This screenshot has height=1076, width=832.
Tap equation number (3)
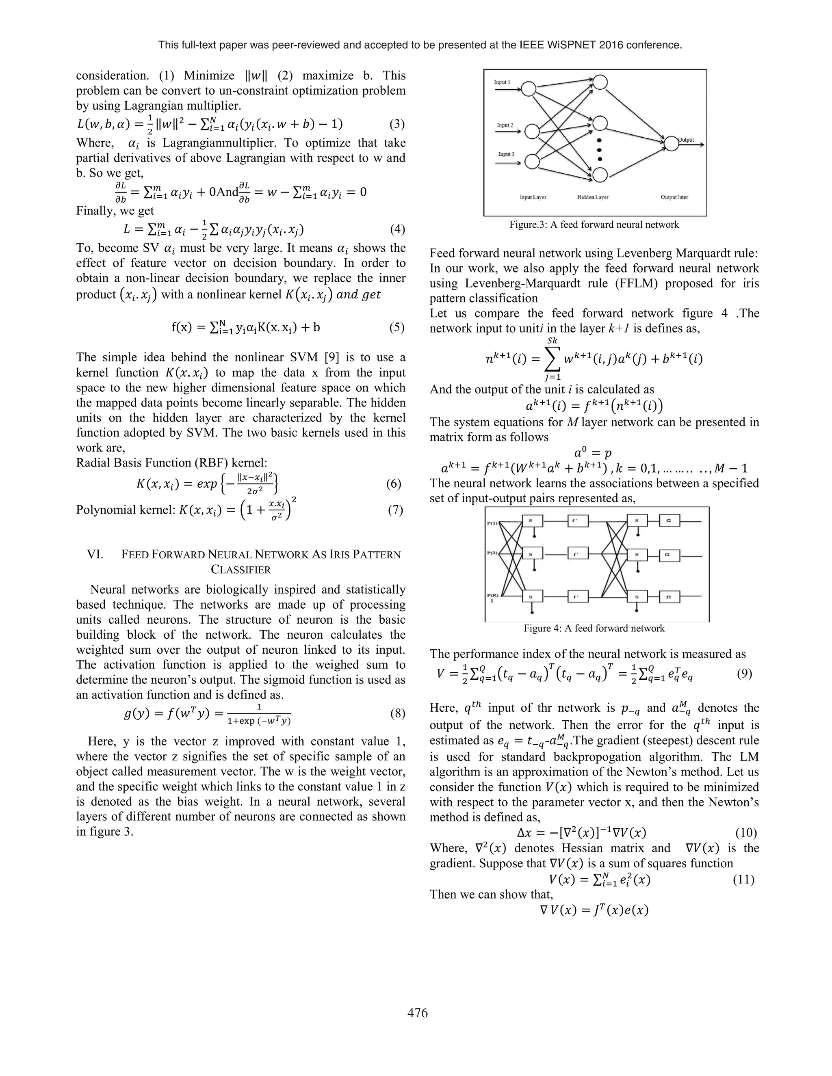(x=397, y=124)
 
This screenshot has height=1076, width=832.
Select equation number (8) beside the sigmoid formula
(x=397, y=714)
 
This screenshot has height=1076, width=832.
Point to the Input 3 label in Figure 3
(x=506, y=154)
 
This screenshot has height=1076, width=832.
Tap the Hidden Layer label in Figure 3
(x=592, y=197)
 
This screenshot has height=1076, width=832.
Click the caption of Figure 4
(x=594, y=629)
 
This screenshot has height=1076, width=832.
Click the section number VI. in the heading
(x=95, y=555)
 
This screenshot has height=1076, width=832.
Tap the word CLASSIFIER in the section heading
(x=241, y=570)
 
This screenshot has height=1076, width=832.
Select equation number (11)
(x=745, y=879)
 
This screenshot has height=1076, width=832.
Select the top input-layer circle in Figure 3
(x=529, y=89)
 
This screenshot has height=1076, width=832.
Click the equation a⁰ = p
(x=594, y=452)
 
